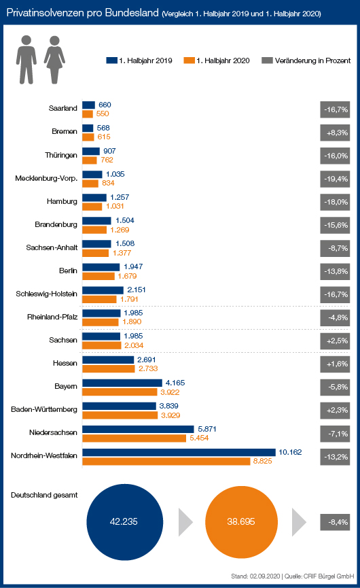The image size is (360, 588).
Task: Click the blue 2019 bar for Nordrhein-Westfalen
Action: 179,452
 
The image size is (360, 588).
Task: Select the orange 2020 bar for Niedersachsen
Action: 134,438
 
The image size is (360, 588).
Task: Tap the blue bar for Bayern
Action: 122,383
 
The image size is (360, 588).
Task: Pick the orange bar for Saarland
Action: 88,114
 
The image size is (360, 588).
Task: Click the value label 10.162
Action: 290,452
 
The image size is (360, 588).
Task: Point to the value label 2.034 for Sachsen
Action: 134,345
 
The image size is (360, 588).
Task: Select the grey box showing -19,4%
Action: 335,179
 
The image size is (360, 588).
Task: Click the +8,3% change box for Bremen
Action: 335,133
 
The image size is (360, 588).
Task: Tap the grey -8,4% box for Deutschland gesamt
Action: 335,522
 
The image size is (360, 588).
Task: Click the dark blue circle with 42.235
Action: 125,522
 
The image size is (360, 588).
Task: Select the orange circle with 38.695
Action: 241,522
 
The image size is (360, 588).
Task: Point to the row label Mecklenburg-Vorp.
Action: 46,179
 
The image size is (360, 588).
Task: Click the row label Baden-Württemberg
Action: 44,409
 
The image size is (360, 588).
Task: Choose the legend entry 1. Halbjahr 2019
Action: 139,60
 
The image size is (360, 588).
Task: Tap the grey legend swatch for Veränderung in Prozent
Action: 267,60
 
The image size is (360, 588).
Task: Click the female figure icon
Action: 55,60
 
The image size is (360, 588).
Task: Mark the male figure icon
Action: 26,60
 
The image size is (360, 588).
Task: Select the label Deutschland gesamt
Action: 44,496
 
